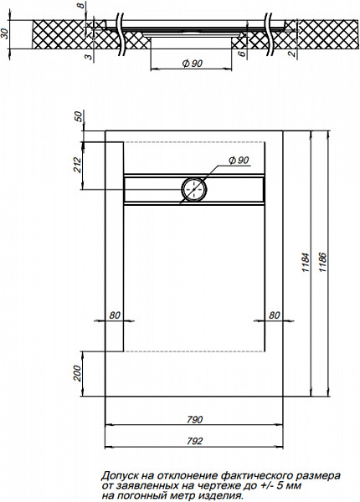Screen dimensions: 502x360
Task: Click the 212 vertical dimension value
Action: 77,165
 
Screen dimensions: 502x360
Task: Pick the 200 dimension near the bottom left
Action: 77,371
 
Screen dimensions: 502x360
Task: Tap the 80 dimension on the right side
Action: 274,315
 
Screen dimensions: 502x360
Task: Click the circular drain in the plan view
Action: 194,191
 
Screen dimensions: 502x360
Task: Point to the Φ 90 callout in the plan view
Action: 238,161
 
